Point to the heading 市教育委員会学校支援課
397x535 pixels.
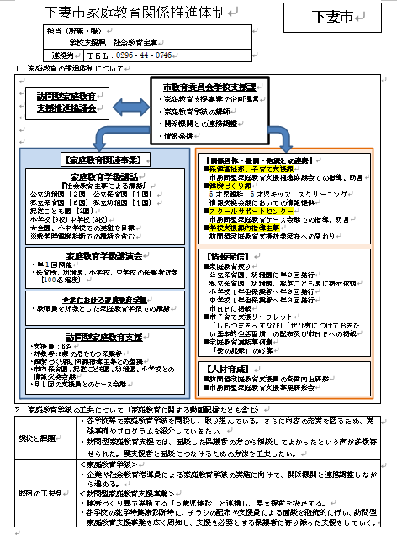[x=209, y=87]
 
